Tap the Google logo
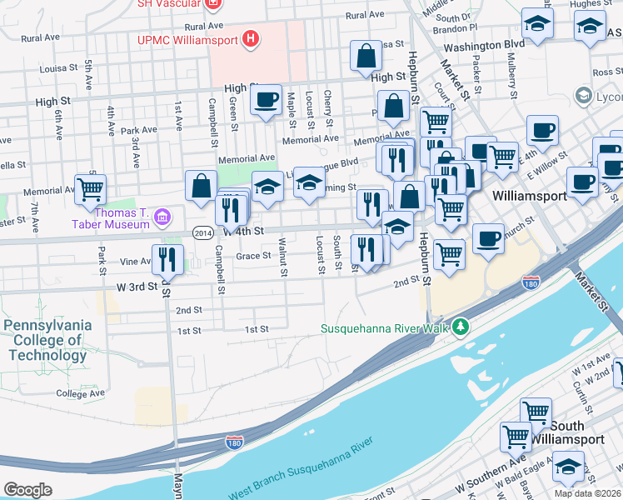point(27,489)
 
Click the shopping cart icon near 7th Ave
point(90,188)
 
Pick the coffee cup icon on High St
point(266,100)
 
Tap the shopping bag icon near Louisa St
point(366,57)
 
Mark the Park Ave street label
point(138,130)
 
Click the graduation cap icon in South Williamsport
point(569,467)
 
